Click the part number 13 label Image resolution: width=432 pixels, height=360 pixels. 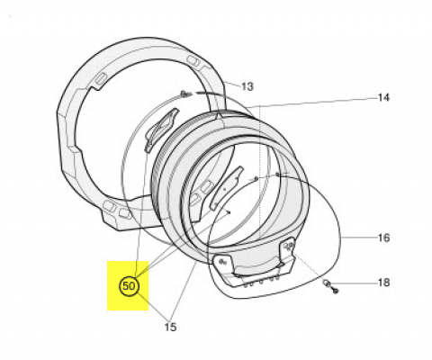coord(247,86)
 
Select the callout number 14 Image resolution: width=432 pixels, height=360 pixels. coord(383,97)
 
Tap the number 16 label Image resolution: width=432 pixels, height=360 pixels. coord(383,238)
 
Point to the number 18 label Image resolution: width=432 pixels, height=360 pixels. coord(383,283)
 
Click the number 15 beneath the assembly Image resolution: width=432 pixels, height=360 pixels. coord(170,327)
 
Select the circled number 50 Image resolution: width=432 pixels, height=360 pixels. coord(130,286)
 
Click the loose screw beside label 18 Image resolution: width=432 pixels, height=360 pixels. coord(336,291)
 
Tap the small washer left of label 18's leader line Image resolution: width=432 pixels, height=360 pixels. coord(327,283)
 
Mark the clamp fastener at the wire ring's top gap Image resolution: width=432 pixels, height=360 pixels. coord(185,94)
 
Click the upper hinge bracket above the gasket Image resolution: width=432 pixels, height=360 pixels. coord(161,129)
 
